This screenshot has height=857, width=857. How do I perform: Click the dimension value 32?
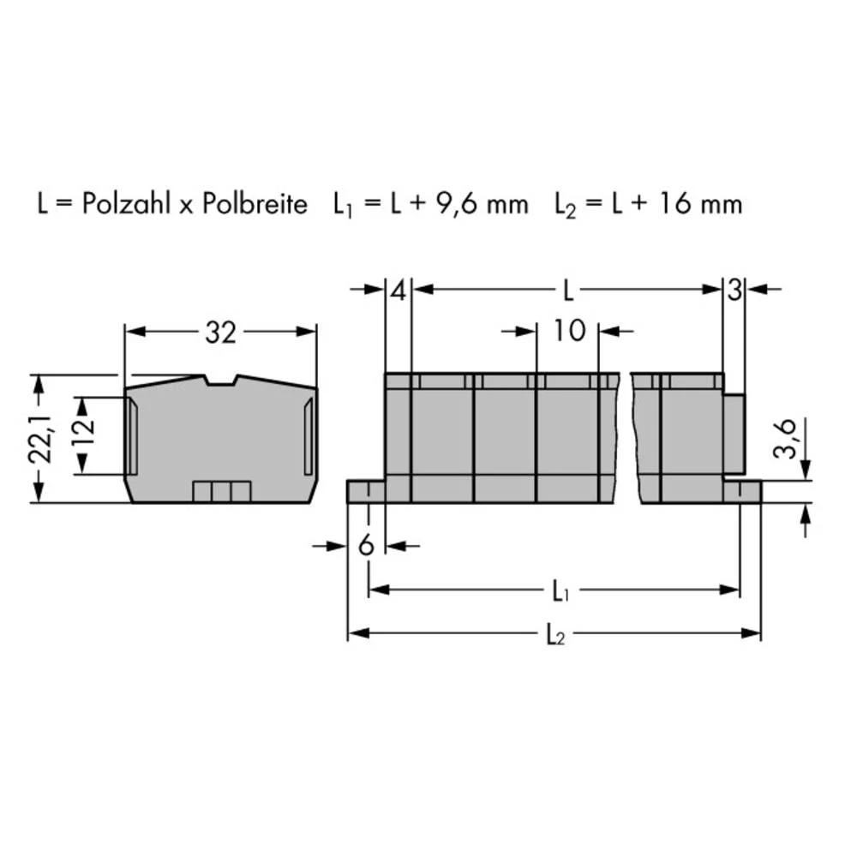tap(220, 333)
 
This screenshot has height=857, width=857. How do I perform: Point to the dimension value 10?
tap(567, 331)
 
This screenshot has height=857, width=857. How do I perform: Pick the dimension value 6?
tap(367, 546)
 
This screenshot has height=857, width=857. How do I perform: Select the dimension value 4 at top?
tap(398, 290)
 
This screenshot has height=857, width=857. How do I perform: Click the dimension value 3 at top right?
tap(734, 290)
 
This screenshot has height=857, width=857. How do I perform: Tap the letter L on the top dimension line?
tap(567, 290)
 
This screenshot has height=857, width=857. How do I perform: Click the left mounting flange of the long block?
tap(365, 491)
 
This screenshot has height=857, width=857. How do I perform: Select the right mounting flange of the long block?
tap(742, 491)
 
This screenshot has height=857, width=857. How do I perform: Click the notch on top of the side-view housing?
tap(221, 380)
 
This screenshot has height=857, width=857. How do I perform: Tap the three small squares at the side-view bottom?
tap(221, 491)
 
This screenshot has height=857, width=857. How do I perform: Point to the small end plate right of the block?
tap(734, 434)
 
